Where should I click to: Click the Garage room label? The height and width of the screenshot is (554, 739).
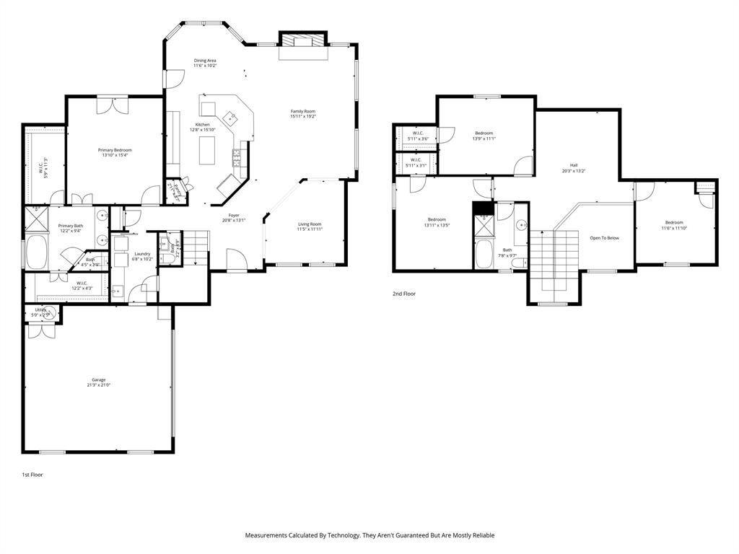pos(98,379)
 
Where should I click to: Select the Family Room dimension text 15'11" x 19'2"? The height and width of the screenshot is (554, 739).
pos(303,116)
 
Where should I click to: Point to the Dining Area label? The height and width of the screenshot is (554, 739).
pos(205,61)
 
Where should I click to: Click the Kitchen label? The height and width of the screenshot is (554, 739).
pos(203,125)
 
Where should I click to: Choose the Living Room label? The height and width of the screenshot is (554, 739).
pos(310,224)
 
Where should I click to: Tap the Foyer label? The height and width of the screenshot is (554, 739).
pos(234,215)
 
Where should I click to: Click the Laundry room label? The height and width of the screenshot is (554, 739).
pos(142,253)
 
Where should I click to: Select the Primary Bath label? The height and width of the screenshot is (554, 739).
pos(71,226)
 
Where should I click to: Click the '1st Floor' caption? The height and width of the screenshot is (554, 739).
pos(32,475)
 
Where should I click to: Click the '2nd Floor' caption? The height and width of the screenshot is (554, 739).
pos(404,294)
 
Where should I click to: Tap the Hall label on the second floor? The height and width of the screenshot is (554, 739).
pos(574,165)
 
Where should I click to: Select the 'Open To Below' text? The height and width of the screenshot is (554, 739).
pos(604,238)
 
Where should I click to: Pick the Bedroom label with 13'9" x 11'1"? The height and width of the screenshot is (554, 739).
pos(484,133)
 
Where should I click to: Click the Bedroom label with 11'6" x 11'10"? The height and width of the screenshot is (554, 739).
pos(674,222)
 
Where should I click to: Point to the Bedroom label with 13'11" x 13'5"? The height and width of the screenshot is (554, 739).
pos(437,219)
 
